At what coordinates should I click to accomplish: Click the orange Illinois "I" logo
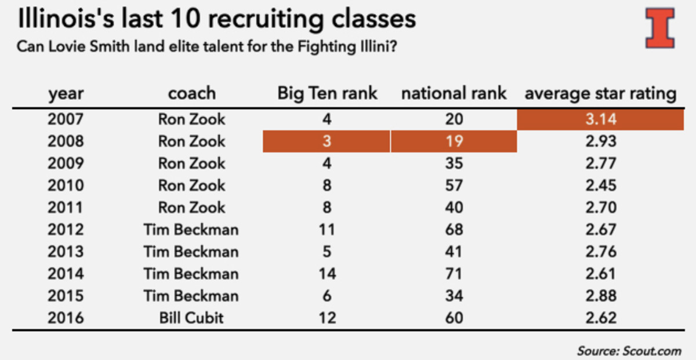[660, 28]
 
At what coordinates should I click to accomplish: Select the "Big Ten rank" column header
[327, 93]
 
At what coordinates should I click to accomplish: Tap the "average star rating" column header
[600, 93]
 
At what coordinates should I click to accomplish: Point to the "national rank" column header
[454, 93]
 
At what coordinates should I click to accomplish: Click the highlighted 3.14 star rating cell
[600, 120]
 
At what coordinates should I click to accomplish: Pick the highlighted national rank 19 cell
[454, 141]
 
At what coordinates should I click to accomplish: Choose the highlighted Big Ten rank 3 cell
[327, 141]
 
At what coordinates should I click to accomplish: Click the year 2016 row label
[66, 318]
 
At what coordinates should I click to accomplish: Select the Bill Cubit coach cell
[191, 318]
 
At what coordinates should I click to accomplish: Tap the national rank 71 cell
[454, 274]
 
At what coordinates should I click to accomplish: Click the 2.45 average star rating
[600, 186]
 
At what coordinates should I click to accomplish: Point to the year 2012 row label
[66, 230]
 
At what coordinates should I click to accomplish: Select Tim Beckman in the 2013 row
[191, 252]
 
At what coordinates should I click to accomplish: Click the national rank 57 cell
[454, 186]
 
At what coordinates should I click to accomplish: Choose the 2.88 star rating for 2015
[600, 296]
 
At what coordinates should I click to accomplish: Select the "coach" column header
[191, 93]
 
